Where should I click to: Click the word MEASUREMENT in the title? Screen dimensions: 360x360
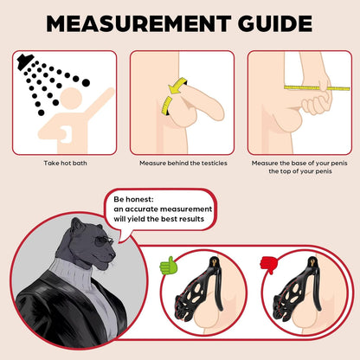tap(138, 23)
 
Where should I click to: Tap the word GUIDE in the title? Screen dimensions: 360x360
tap(275, 23)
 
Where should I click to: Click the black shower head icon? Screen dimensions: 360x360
tap(25, 61)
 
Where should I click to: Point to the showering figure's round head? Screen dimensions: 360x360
tap(71, 98)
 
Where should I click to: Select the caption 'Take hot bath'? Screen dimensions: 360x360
tap(65, 163)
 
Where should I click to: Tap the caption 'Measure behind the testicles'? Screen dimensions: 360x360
tap(183, 163)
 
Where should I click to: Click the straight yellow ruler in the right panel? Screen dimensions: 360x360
tap(317, 87)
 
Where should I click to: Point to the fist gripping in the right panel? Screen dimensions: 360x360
tap(316, 103)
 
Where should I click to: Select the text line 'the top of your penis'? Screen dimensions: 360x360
tap(300, 171)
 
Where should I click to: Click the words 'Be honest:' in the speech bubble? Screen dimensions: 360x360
tap(133, 199)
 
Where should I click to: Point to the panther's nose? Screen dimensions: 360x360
tap(112, 255)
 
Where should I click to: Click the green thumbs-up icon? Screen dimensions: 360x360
tap(169, 266)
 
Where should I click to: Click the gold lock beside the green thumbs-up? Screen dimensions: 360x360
tap(214, 262)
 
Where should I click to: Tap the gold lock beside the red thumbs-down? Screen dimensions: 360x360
tap(312, 262)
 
